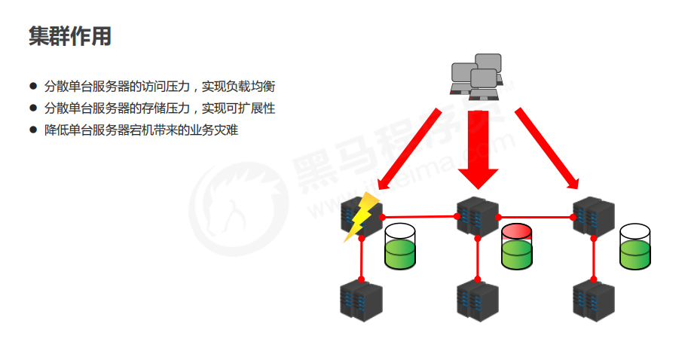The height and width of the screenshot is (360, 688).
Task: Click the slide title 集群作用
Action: (x=69, y=35)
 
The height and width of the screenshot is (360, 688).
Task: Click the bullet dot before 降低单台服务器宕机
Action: (x=32, y=130)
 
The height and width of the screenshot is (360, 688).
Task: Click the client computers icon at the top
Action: (x=476, y=76)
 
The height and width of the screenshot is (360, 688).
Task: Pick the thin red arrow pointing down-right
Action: (x=546, y=148)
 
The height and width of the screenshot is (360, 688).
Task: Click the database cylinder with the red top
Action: (x=517, y=246)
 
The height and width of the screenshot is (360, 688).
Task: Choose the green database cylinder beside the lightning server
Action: (x=400, y=246)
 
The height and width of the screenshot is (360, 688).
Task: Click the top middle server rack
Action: (x=476, y=216)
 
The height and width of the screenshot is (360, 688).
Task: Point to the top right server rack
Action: (x=594, y=216)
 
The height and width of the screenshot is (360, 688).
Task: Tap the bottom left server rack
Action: (x=360, y=301)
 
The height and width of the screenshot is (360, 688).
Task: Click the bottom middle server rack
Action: (x=477, y=301)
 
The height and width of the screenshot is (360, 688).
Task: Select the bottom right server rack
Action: (x=594, y=301)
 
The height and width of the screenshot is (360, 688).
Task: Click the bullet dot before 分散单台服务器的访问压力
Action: (x=32, y=87)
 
